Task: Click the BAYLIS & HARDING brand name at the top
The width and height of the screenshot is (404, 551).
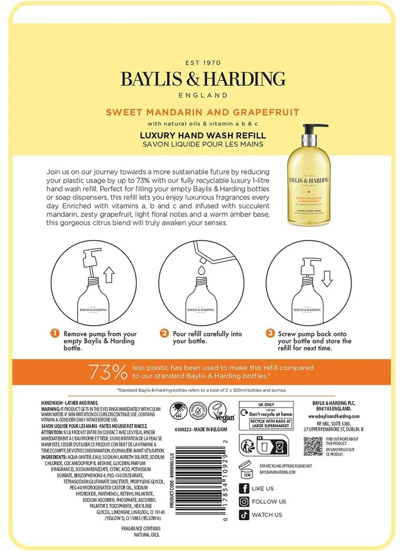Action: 203,79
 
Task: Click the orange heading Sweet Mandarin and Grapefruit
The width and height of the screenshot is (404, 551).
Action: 202,112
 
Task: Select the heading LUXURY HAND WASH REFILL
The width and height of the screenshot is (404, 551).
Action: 203,136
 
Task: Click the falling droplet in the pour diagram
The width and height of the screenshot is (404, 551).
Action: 202,271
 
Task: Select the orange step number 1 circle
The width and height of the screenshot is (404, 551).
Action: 54,334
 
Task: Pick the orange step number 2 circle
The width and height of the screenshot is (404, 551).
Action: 164,334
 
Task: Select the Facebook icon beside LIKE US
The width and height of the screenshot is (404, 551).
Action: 244,488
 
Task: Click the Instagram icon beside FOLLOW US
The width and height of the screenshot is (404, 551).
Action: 244,502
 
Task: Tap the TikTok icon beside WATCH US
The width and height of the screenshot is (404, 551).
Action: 244,515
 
